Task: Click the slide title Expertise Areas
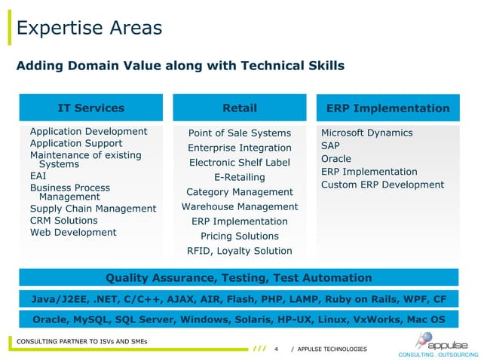tap(89, 29)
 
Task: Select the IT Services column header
tap(90, 108)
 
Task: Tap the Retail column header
tap(240, 108)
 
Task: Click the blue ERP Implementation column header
tap(388, 108)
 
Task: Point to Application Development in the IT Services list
tap(88, 132)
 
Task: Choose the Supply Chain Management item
tap(93, 209)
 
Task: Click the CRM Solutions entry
tap(63, 221)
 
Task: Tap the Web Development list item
tap(73, 233)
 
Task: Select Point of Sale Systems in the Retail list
tap(239, 133)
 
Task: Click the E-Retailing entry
tap(240, 177)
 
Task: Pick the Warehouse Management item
tap(240, 206)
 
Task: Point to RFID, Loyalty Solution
tap(240, 251)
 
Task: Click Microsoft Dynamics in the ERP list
tap(366, 133)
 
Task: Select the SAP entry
tap(330, 145)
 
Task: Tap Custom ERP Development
tap(382, 185)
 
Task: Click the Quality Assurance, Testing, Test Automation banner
tap(239, 278)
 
